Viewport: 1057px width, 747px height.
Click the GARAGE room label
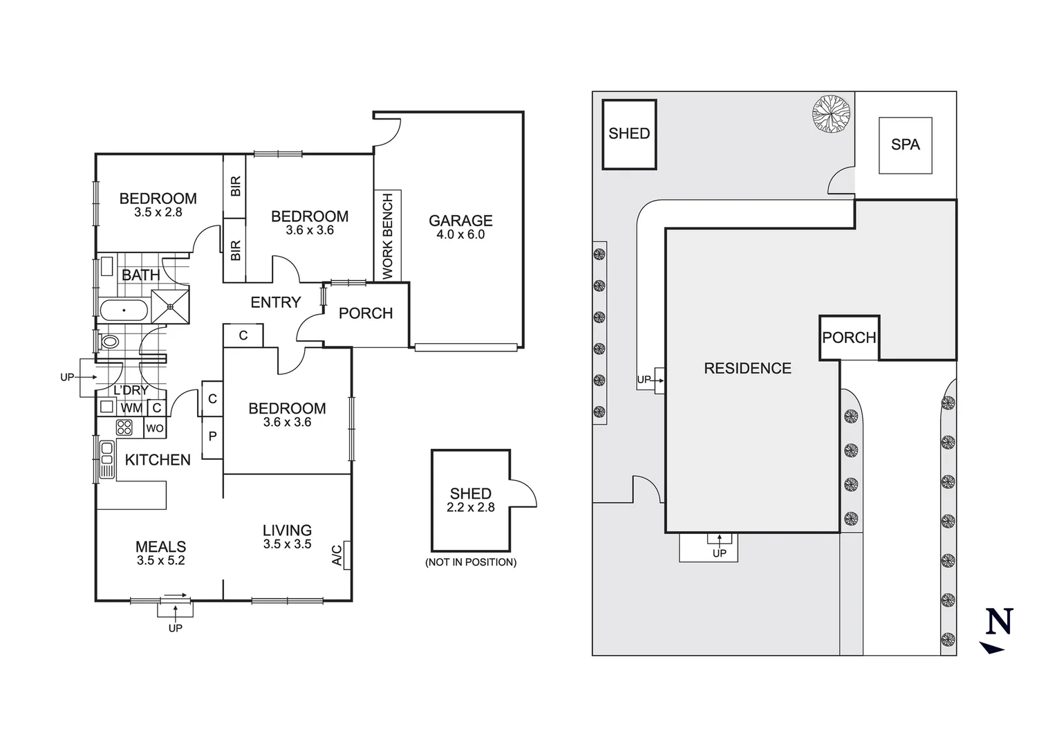click(x=460, y=221)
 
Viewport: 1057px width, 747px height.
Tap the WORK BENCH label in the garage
click(x=387, y=237)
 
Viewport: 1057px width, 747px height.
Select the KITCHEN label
click(x=158, y=460)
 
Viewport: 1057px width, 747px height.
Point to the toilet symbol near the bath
click(x=109, y=342)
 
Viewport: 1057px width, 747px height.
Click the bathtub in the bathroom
click(x=124, y=311)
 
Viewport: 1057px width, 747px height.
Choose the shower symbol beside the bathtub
click(x=169, y=305)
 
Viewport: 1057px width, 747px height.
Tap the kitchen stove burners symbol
click(x=124, y=427)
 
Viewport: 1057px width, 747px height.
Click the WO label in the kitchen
click(x=155, y=429)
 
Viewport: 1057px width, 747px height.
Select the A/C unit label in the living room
click(x=337, y=555)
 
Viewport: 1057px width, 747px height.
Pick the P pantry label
click(x=212, y=437)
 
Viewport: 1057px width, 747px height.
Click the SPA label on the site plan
click(x=905, y=145)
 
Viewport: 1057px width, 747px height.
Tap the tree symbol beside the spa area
click(x=831, y=113)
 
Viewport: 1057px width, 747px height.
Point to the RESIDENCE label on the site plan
click(x=747, y=369)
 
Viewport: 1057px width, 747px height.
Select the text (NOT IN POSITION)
click(x=471, y=562)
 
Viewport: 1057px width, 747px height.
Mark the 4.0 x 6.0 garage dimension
click(x=460, y=234)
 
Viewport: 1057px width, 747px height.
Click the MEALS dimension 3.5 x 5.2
click(x=160, y=561)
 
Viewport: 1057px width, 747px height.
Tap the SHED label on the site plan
click(x=629, y=133)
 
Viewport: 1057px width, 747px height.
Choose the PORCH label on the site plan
click(x=849, y=338)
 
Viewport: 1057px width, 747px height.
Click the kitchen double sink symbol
click(x=106, y=459)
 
